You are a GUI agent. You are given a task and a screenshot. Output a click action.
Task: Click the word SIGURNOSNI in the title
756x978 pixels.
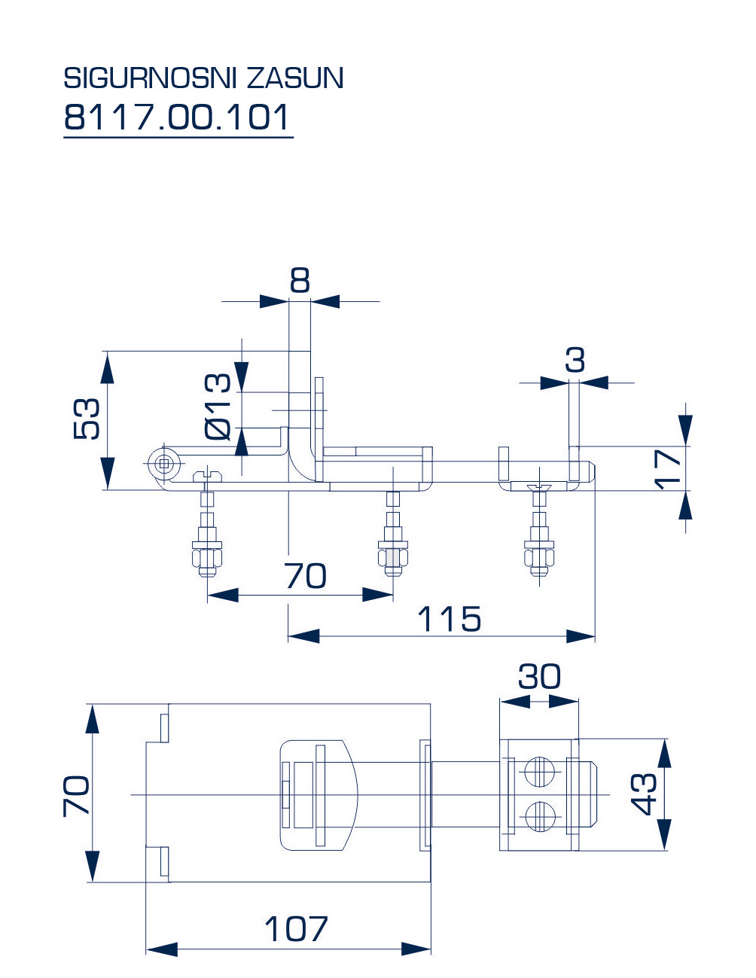pos(151,78)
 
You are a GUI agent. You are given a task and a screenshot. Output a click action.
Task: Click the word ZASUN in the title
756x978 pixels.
pos(295,78)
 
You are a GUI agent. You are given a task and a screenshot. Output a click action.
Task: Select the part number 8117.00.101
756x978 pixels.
pos(177,117)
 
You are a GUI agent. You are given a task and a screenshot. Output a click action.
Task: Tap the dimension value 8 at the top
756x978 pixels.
pos(300,281)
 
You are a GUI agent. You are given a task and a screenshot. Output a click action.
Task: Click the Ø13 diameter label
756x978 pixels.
pos(218,407)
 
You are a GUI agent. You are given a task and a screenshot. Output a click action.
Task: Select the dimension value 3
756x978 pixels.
pos(575,361)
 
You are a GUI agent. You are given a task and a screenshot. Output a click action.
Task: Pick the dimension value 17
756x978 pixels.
pos(667,469)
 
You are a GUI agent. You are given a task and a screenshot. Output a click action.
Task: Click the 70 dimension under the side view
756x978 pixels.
pos(306,577)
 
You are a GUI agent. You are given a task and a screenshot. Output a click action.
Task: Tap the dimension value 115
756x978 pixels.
pos(450,620)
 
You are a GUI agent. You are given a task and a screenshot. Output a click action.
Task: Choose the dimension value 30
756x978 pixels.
pos(539,677)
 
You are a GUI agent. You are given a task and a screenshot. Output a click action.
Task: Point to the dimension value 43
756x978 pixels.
pos(645,794)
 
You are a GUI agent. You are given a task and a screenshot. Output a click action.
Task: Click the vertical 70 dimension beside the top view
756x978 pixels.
pos(77,795)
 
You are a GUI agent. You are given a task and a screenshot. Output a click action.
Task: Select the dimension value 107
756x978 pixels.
pos(296,930)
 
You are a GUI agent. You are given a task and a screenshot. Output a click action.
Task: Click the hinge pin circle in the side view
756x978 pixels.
pos(163,465)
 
